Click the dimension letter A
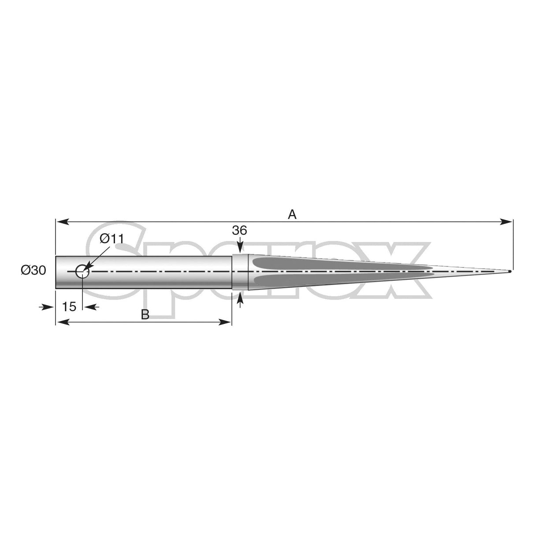[292, 215]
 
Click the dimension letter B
[145, 314]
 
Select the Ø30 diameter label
[33, 271]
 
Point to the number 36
[240, 230]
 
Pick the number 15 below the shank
[69, 307]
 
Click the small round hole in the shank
[82, 271]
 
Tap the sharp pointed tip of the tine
[510, 271]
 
